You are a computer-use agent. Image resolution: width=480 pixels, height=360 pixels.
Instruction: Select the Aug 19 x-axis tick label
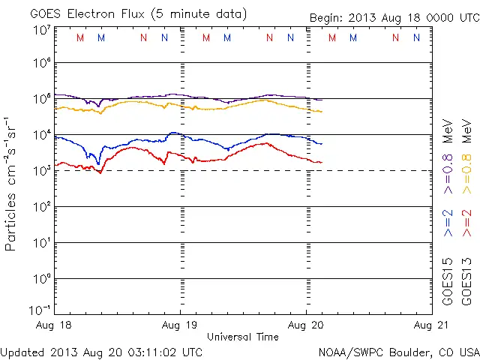(180, 326)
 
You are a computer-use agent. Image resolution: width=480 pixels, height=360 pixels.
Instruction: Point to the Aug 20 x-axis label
(305, 326)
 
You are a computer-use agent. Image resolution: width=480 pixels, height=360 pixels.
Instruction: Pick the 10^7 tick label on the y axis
(41, 30)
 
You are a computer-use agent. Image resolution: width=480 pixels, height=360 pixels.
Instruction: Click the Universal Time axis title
(242, 337)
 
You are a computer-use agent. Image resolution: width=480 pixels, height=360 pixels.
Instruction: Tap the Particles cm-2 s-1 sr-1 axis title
(11, 184)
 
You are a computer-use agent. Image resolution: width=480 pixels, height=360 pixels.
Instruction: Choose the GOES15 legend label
(448, 281)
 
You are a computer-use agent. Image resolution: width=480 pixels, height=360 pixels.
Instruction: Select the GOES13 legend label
(466, 281)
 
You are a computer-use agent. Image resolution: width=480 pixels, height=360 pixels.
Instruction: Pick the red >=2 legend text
(466, 223)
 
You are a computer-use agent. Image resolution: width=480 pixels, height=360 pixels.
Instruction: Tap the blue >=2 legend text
(448, 223)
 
